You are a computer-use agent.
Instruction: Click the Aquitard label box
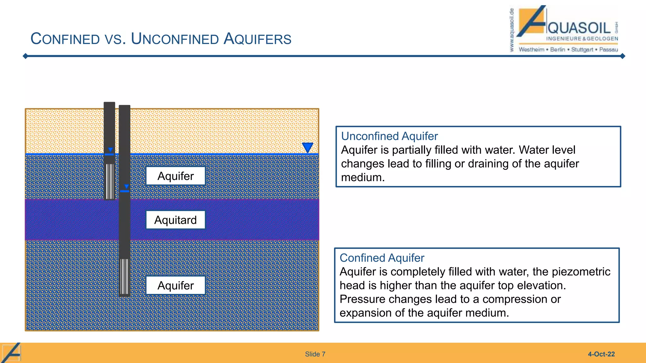click(175, 220)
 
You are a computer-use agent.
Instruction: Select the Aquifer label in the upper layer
click(175, 176)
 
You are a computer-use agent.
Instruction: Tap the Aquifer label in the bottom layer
click(175, 285)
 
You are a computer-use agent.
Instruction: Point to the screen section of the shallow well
click(109, 181)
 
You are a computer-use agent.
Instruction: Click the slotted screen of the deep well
click(125, 277)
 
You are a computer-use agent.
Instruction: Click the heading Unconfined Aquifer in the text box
click(389, 136)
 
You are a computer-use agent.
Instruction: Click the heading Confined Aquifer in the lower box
click(382, 258)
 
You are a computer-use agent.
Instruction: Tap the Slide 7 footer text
click(315, 354)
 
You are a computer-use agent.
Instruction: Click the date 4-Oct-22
click(601, 354)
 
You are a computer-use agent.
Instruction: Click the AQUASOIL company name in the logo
click(579, 28)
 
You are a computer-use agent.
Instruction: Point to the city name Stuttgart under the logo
click(582, 49)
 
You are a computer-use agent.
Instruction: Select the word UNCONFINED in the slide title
click(175, 39)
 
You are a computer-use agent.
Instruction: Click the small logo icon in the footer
click(11, 353)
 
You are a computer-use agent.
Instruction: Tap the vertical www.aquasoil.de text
click(512, 30)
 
